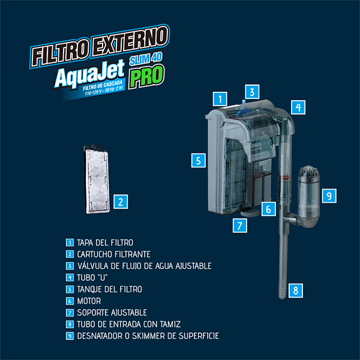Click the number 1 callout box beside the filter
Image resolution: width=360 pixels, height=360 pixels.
220,99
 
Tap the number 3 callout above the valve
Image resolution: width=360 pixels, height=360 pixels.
252,92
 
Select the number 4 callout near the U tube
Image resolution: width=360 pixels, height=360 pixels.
298,107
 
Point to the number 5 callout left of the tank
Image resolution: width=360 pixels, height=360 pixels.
199,160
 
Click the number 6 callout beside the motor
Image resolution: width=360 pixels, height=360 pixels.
268,209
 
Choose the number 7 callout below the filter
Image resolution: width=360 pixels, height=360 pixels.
240,226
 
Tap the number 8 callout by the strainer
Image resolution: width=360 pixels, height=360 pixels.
295,290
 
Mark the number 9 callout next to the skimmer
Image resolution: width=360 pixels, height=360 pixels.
329,196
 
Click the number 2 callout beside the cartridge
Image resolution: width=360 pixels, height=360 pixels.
121,202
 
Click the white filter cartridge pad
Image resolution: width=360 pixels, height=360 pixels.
97,181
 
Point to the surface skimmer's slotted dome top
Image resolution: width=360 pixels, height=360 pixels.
309,172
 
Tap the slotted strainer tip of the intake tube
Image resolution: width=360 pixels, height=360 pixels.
283,288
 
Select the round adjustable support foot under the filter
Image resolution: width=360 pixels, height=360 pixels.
250,212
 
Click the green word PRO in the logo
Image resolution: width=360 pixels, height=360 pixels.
146,76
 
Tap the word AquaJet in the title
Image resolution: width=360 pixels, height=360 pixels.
90,73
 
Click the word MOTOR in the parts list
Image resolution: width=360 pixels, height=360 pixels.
89,301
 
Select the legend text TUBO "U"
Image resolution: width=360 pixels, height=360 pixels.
92,277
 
